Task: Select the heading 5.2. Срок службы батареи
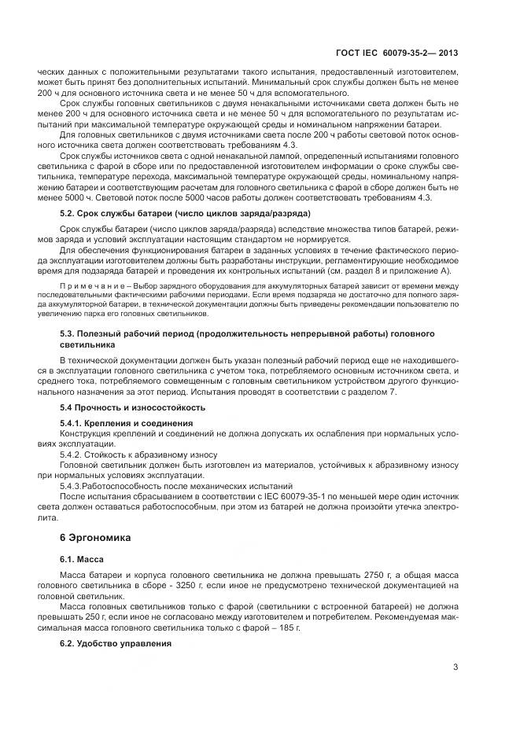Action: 185,214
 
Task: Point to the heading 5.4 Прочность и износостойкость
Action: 133,407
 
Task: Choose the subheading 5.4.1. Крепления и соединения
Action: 127,423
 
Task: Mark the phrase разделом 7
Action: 376,392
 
